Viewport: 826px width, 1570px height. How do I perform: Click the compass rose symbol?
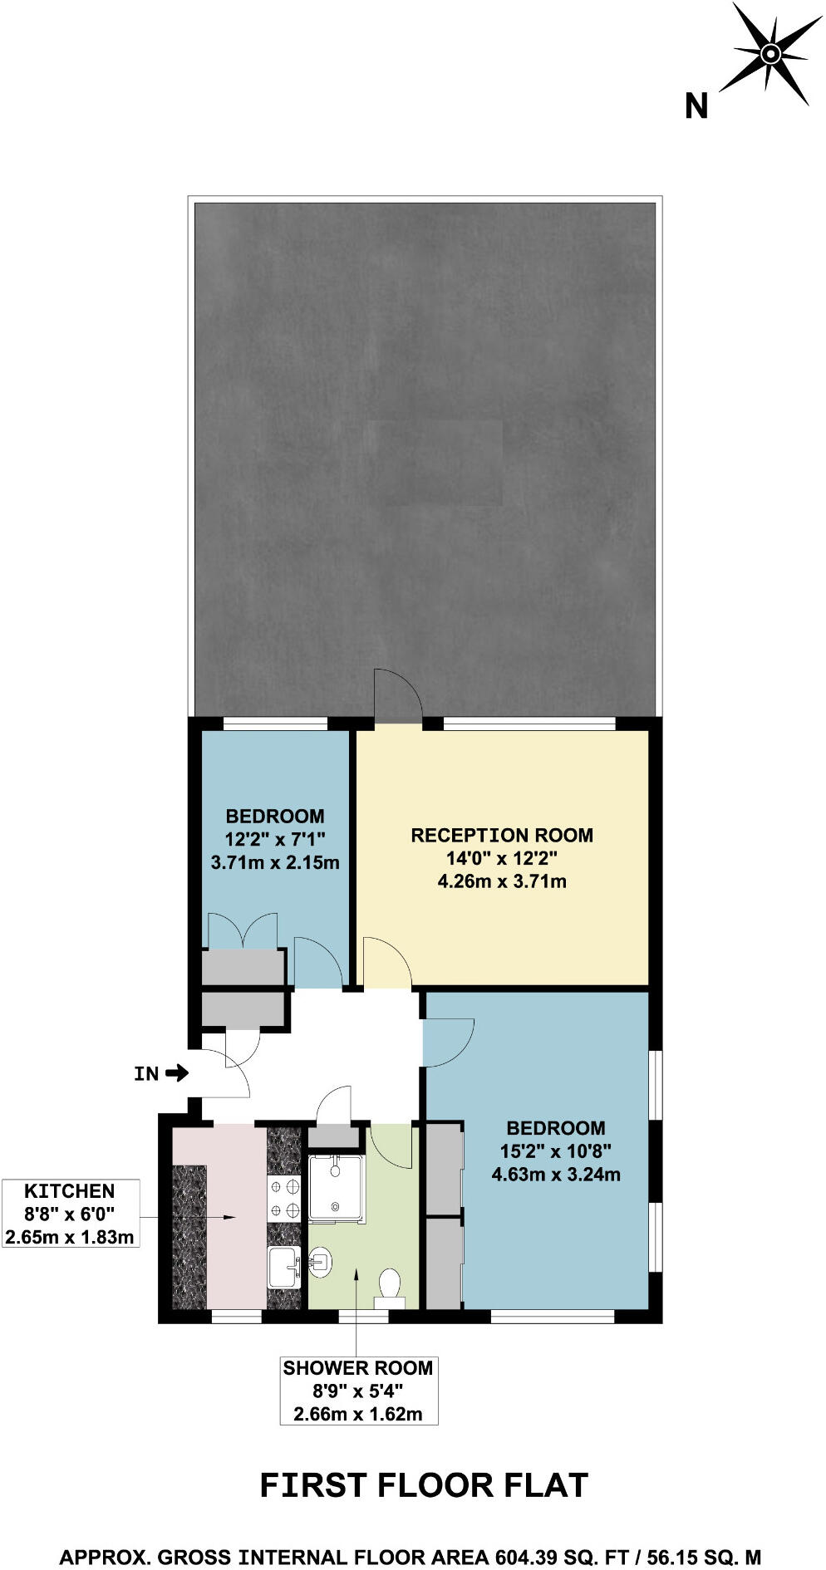pyautogui.click(x=771, y=54)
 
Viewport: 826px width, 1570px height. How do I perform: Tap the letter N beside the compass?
pyautogui.click(x=696, y=106)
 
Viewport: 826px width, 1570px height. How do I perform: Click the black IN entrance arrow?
pyautogui.click(x=177, y=1073)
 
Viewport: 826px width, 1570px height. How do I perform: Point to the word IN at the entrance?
pyautogui.click(x=146, y=1074)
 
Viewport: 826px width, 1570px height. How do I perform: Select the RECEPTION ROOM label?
pyautogui.click(x=502, y=835)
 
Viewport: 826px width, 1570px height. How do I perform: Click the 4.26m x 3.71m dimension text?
pyautogui.click(x=502, y=881)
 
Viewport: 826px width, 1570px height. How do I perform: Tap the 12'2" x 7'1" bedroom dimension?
pyautogui.click(x=274, y=839)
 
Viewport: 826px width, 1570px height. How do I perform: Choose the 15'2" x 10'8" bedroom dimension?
pyautogui.click(x=556, y=1151)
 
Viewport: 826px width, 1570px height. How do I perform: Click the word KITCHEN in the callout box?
pyautogui.click(x=70, y=1191)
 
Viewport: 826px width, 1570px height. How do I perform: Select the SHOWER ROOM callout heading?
pyautogui.click(x=357, y=1368)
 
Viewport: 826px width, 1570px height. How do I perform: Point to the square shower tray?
pyautogui.click(x=336, y=1189)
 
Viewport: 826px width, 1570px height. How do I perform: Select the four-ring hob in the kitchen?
pyautogui.click(x=283, y=1200)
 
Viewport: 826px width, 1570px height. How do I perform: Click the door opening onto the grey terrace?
pyautogui.click(x=398, y=698)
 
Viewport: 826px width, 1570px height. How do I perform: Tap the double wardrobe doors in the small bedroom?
pyautogui.click(x=242, y=931)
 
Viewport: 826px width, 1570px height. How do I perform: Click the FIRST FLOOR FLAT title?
pyautogui.click(x=424, y=1485)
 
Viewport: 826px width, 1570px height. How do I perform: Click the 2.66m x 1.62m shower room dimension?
pyautogui.click(x=357, y=1414)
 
